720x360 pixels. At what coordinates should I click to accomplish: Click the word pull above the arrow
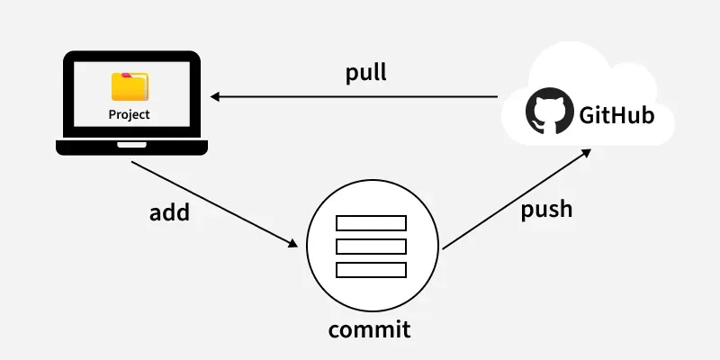[x=366, y=73]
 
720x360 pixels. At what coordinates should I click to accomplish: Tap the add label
[x=170, y=212]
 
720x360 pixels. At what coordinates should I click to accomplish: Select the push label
[x=546, y=210]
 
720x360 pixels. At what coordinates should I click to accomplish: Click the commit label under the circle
[x=369, y=328]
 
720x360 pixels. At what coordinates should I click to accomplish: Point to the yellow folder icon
[x=130, y=86]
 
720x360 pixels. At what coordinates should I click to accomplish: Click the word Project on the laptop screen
[x=130, y=114]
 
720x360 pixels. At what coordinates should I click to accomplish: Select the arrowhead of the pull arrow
[x=216, y=95]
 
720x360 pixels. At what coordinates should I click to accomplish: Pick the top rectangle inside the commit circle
[x=371, y=223]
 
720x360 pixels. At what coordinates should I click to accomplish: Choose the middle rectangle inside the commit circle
[x=371, y=247]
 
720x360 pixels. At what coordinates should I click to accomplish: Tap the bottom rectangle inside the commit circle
[x=371, y=270]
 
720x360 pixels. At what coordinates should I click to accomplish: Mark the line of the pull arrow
[x=360, y=95]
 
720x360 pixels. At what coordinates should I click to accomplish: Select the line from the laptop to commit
[x=211, y=202]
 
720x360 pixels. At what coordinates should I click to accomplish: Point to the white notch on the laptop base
[x=131, y=144]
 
